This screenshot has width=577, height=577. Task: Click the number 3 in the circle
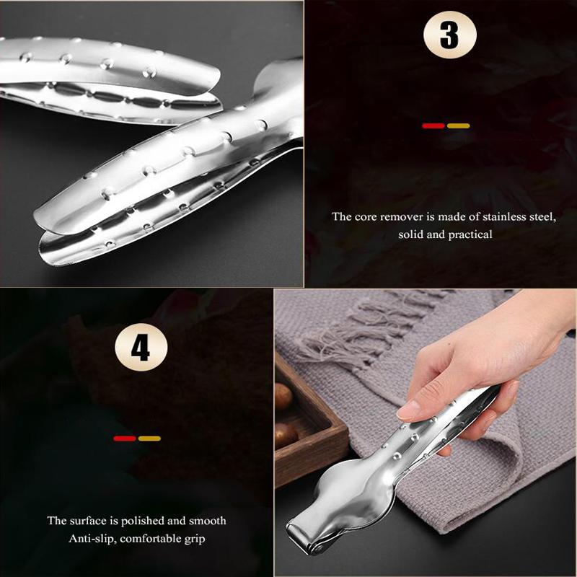pyautogui.click(x=448, y=34)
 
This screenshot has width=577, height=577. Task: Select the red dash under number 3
pyautogui.click(x=433, y=125)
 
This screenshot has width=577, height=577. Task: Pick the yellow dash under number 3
pyautogui.click(x=458, y=125)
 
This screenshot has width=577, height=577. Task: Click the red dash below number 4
pyautogui.click(x=125, y=438)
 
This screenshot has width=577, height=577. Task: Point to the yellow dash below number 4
pyautogui.click(x=149, y=438)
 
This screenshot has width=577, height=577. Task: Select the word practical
pyautogui.click(x=467, y=234)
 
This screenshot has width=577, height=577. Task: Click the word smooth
pyautogui.click(x=206, y=520)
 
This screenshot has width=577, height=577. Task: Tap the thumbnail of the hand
pyautogui.click(x=409, y=411)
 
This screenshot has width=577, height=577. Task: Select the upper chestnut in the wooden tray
pyautogui.click(x=283, y=394)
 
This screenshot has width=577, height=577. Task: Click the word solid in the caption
pyautogui.click(x=410, y=234)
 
